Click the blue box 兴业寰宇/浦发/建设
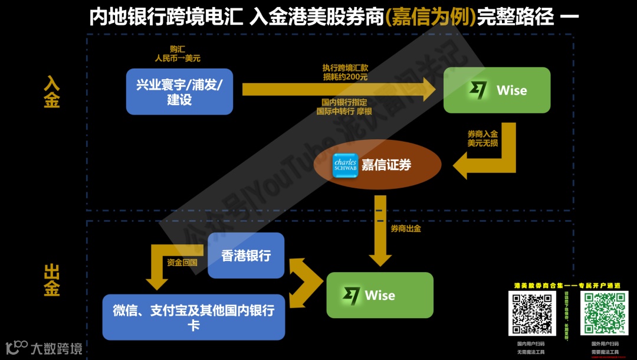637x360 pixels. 179,91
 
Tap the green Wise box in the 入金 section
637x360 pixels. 497,90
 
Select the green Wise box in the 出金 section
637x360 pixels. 380,295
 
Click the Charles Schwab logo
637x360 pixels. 345,165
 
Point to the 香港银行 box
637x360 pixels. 246,256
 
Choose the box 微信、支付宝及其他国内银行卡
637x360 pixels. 193,318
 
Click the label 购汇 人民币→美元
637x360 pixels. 178,54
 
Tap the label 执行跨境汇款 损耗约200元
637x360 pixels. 345,73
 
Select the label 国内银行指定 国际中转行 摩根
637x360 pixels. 345,106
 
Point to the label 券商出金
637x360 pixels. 406,228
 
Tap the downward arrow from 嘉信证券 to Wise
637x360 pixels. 380,236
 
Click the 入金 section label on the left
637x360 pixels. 52,92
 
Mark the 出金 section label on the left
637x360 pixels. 52,281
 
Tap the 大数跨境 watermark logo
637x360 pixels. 44,348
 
